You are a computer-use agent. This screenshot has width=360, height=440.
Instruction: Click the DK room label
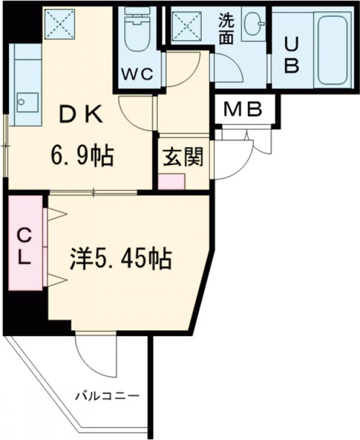point(80,115)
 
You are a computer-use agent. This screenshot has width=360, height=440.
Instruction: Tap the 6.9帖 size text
point(82,157)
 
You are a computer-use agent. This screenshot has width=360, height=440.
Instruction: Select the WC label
point(139,74)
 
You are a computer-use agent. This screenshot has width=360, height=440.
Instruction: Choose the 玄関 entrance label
point(183,157)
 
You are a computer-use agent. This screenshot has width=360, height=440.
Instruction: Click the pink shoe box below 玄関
point(173,181)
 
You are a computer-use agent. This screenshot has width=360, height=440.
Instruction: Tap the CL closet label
point(24,247)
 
